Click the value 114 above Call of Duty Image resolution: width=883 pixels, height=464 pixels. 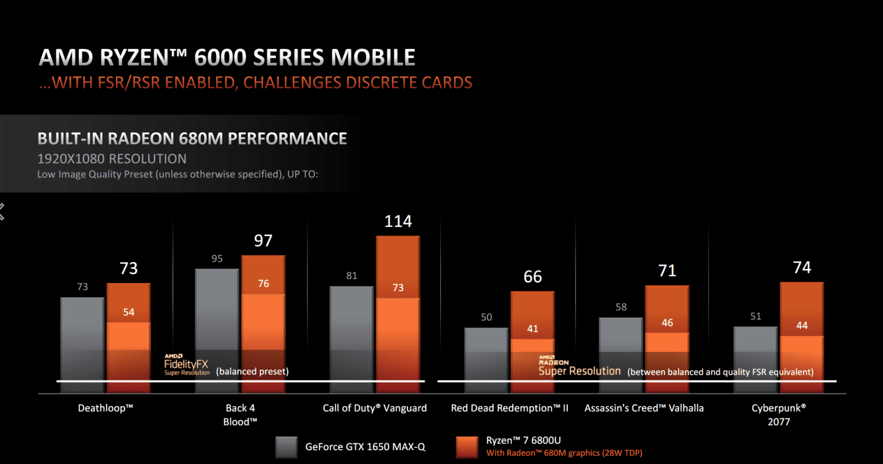[x=398, y=221]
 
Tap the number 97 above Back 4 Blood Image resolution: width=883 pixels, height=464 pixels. [x=263, y=241]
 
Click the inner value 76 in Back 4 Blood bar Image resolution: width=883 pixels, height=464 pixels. [x=263, y=283]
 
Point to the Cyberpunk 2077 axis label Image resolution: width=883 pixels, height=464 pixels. [x=778, y=414]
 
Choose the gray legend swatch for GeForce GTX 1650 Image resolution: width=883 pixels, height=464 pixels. [x=286, y=447]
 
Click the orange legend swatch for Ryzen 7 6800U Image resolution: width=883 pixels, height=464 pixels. [x=466, y=447]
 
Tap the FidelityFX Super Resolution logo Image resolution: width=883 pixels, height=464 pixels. [x=186, y=365]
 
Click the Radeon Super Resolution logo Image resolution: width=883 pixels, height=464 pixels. [x=579, y=366]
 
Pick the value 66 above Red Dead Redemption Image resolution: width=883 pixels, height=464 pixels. [x=532, y=277]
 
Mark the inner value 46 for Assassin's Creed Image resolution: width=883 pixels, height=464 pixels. [x=667, y=323]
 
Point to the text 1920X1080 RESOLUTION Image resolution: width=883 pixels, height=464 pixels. [x=112, y=159]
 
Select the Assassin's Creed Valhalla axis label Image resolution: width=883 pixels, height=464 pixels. [x=644, y=408]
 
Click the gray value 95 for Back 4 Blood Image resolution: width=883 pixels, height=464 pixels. [x=217, y=258]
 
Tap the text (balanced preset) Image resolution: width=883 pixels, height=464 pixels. [x=252, y=372]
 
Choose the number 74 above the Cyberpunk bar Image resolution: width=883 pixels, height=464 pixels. [x=801, y=268]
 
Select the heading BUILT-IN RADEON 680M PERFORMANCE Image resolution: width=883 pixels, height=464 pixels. [x=192, y=139]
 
